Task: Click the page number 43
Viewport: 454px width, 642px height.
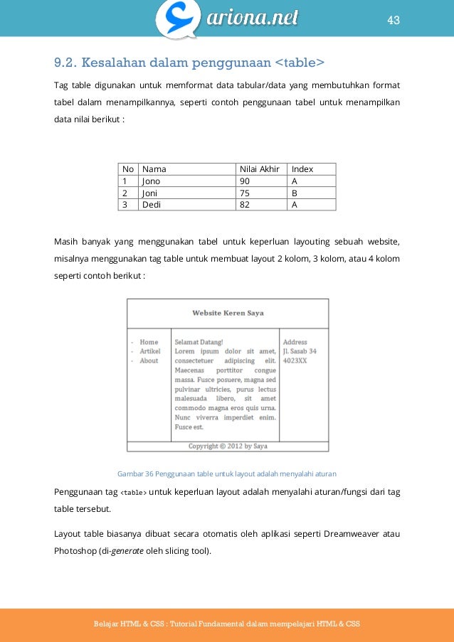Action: tap(394, 20)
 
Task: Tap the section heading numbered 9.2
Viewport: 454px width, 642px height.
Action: tap(189, 65)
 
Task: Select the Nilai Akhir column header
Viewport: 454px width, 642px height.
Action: tap(259, 169)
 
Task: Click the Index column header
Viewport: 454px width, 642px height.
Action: tap(302, 169)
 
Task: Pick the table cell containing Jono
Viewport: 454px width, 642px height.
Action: tap(152, 181)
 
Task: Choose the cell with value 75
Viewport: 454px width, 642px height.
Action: tap(246, 193)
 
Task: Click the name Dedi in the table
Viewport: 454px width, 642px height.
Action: tap(152, 205)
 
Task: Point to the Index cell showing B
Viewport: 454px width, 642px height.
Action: tap(295, 193)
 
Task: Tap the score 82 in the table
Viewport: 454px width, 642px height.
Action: tap(246, 205)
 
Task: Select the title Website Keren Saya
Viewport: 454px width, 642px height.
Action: tap(228, 313)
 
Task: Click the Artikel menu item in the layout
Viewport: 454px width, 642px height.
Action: tap(150, 351)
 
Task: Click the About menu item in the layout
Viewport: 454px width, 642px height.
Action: tap(149, 360)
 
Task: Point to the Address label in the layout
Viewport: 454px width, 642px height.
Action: tap(295, 342)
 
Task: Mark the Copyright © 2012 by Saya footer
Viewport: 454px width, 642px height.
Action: tap(228, 446)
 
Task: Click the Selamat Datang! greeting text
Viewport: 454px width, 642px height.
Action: tap(199, 342)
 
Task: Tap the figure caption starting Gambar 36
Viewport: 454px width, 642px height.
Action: tap(226, 473)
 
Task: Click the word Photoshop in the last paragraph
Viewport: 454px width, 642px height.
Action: tap(75, 549)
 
